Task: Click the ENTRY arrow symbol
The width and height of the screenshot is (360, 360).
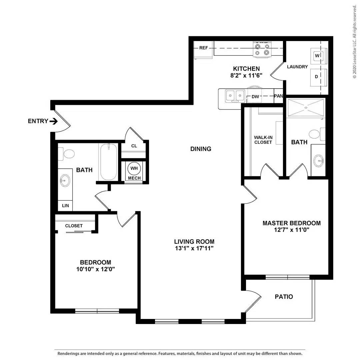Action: click(53, 121)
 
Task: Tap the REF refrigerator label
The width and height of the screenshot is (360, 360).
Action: click(203, 48)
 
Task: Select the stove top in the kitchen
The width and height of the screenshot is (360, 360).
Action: click(262, 49)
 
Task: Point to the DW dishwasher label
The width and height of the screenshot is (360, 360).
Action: click(255, 97)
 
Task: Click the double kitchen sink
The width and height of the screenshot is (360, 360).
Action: click(235, 96)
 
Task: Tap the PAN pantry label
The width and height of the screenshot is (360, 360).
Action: click(278, 96)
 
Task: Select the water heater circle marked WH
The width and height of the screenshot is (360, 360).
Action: click(134, 168)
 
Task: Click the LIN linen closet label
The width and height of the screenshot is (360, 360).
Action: click(65, 205)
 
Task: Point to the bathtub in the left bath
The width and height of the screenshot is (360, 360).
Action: click(108, 162)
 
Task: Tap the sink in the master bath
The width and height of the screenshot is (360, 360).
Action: click(318, 160)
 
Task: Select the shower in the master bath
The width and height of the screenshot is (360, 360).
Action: click(306, 108)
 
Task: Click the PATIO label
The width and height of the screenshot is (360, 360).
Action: click(284, 297)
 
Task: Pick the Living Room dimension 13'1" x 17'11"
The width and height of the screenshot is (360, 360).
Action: click(194, 248)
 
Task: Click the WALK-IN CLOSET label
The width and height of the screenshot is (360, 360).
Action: click(263, 140)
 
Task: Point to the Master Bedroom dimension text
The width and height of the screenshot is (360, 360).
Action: click(292, 230)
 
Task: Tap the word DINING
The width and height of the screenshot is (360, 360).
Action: click(201, 149)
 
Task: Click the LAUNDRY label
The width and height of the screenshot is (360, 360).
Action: click(297, 67)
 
